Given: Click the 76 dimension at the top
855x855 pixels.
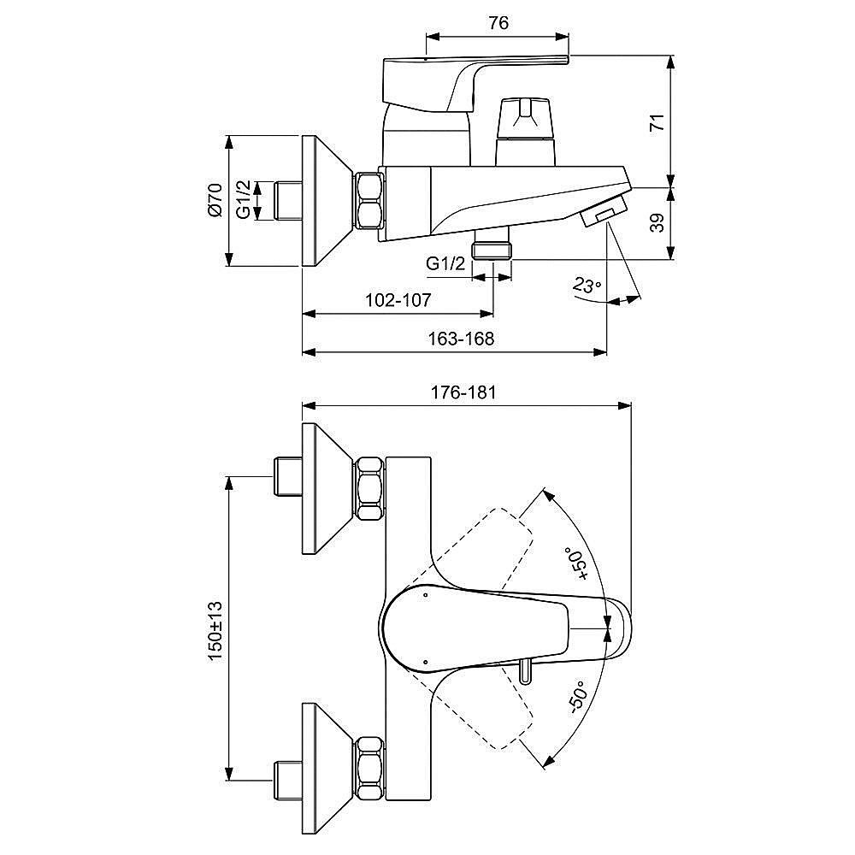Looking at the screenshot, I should (x=498, y=23).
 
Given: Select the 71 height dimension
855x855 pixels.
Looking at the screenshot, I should (x=657, y=122).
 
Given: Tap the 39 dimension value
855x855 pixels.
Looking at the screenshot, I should (x=657, y=223).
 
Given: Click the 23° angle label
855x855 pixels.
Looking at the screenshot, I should (x=587, y=286).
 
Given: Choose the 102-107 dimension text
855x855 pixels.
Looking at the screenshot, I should (x=398, y=300).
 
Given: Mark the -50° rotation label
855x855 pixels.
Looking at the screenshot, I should (x=575, y=698).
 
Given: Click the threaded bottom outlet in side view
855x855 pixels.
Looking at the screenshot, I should (x=492, y=248).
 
